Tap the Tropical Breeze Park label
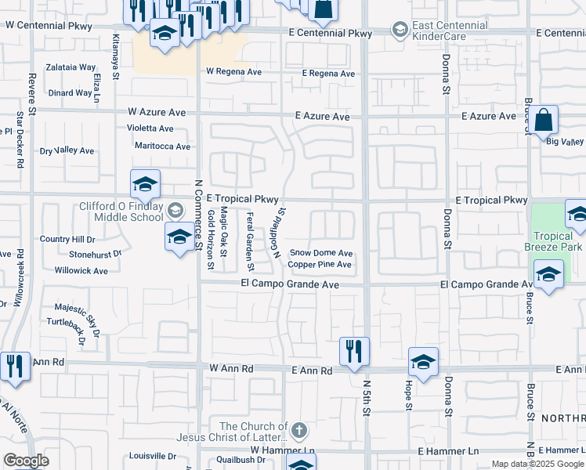coord(559,241)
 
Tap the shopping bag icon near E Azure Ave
coord(543,121)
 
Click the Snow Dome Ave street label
coord(321,253)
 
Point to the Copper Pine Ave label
coord(319,265)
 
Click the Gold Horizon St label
coord(210,240)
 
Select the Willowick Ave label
coord(81,271)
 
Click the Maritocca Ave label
coord(162,146)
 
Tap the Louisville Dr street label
coord(153,455)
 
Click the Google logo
coord(26,461)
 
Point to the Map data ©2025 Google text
coord(537,464)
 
